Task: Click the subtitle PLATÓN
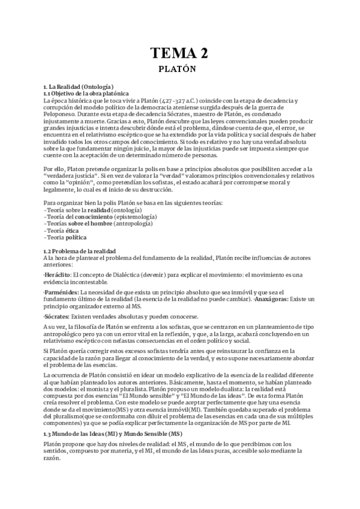pyautogui.click(x=180, y=69)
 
